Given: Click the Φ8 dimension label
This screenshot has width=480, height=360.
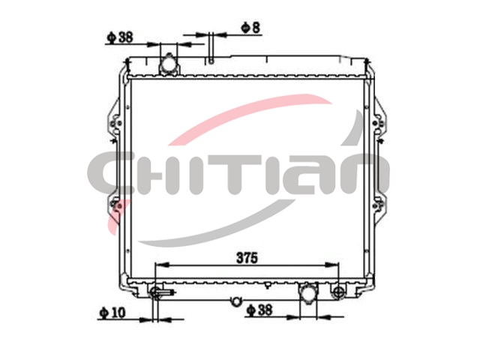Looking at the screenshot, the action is click(x=250, y=28).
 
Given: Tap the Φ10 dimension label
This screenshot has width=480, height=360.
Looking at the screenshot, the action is click(x=112, y=313).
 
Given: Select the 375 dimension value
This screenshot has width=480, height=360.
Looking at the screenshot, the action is click(x=247, y=258).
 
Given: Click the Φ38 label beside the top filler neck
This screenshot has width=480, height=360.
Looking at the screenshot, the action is click(x=120, y=37).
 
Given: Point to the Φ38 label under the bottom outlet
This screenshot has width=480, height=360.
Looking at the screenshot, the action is click(x=259, y=310).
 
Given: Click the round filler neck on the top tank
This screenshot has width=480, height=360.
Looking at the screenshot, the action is click(x=168, y=64).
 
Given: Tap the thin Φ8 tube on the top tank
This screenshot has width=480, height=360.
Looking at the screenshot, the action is click(x=211, y=47).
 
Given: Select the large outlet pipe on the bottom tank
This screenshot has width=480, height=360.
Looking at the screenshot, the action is click(x=308, y=292).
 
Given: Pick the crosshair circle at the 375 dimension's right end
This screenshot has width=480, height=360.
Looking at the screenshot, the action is click(x=339, y=292).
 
